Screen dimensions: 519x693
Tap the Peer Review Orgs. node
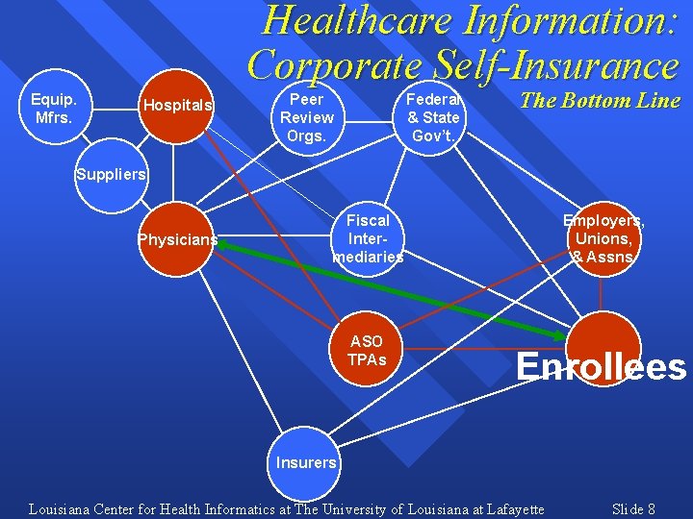pyautogui.click(x=307, y=117)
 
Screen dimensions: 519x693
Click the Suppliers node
pyautogui.click(x=112, y=175)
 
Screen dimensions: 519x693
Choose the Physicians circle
pyautogui.click(x=177, y=239)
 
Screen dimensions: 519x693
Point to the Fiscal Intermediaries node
pyautogui.click(x=368, y=238)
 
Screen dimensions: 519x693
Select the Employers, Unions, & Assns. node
pyautogui.click(x=603, y=238)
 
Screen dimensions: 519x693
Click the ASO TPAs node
pyautogui.click(x=367, y=350)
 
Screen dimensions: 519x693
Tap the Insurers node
pyautogui.click(x=306, y=462)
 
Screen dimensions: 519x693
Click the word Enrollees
pyautogui.click(x=602, y=366)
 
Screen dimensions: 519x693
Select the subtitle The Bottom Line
pyautogui.click(x=600, y=101)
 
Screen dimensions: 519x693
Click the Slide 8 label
pyautogui.click(x=633, y=508)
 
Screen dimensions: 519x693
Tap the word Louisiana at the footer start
pyautogui.click(x=59, y=508)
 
